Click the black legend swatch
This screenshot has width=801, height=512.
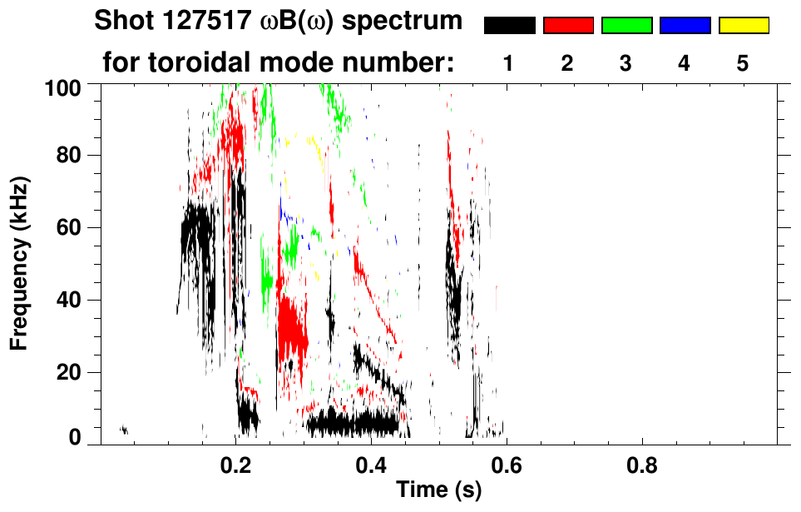(x=509, y=26)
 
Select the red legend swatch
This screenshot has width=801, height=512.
(x=568, y=26)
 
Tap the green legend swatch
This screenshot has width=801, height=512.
(x=626, y=26)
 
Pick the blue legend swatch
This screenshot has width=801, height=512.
(x=685, y=26)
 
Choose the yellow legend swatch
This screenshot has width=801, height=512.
(x=744, y=26)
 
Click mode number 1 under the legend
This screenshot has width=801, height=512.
(x=509, y=63)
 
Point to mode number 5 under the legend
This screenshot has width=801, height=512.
(x=744, y=63)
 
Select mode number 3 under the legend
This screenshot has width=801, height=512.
(x=626, y=63)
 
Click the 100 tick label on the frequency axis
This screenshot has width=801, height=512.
(x=63, y=87)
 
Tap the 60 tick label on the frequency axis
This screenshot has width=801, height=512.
(x=68, y=227)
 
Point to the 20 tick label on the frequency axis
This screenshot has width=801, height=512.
(x=68, y=372)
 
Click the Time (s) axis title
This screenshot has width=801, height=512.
(x=438, y=491)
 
